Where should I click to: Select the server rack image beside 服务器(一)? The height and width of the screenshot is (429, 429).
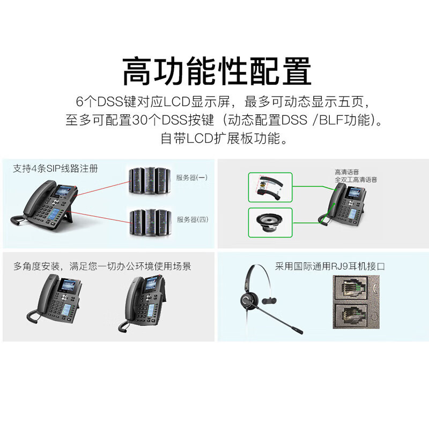click(147, 180)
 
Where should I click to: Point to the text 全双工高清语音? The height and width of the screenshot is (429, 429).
click(356, 180)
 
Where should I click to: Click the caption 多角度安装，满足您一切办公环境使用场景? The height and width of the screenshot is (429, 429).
click(102, 265)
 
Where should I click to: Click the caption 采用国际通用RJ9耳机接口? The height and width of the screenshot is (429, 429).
click(330, 265)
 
